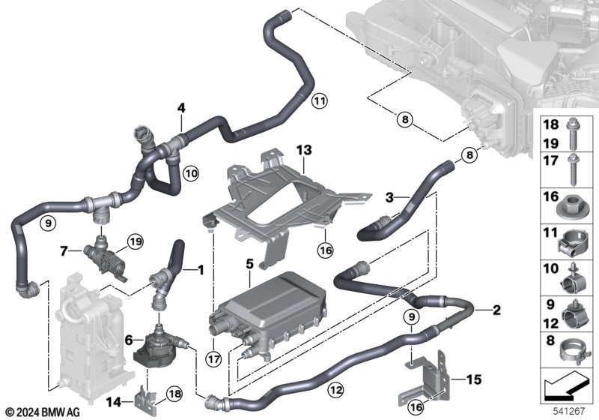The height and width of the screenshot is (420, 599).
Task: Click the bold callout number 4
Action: tap(181, 108)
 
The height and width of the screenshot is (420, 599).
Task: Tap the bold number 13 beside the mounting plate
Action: tap(304, 150)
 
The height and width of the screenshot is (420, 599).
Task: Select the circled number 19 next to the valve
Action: tap(136, 241)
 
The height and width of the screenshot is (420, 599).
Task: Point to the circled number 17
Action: tap(213, 359)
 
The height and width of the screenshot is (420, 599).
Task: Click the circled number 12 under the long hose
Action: tap(335, 390)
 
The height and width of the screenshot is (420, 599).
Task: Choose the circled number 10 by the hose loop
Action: tap(191, 174)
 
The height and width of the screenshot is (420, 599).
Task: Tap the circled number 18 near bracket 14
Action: tap(174, 394)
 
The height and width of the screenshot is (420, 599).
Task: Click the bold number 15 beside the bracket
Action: tap(474, 379)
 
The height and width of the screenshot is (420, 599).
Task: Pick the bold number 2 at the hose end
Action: tap(496, 310)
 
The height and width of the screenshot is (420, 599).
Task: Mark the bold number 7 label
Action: tap(64, 251)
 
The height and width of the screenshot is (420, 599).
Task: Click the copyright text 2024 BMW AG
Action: tap(43, 412)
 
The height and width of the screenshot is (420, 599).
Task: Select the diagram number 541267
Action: tap(569, 412)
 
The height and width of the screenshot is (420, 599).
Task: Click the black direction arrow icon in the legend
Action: tap(566, 387)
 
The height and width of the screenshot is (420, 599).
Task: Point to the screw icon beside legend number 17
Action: tap(572, 170)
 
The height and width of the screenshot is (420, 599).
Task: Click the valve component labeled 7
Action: tap(104, 258)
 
